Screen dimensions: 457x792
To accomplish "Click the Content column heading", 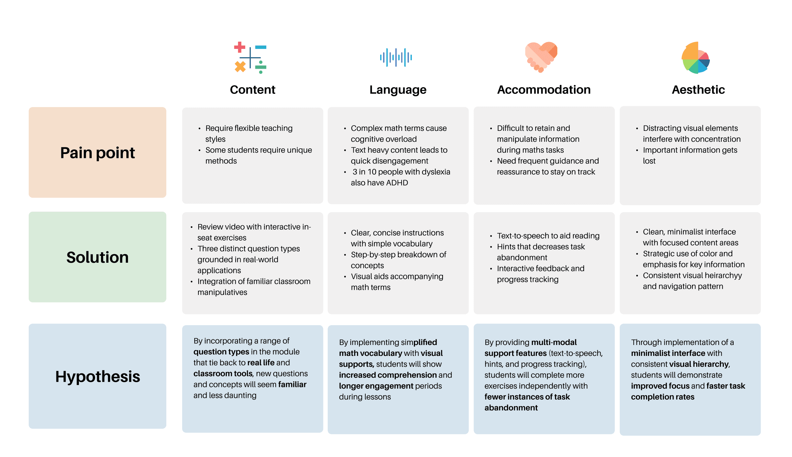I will point(252,90).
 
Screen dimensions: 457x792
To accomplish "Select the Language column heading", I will point(398,90).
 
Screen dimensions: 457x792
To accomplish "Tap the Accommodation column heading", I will point(544,90).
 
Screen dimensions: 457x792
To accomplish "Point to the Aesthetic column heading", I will point(698,90).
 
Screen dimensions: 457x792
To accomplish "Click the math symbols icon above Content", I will point(250,57).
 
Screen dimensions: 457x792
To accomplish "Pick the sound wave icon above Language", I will point(396,57).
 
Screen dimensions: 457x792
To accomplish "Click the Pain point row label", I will point(97,153).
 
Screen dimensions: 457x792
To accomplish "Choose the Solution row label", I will point(97,257).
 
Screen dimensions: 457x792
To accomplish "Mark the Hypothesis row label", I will point(97,376).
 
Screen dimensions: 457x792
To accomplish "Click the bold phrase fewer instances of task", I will point(527,397).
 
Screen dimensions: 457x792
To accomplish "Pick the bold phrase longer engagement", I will point(376,386).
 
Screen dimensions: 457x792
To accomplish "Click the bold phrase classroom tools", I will point(223,374).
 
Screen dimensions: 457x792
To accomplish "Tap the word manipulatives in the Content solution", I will point(222,292).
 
